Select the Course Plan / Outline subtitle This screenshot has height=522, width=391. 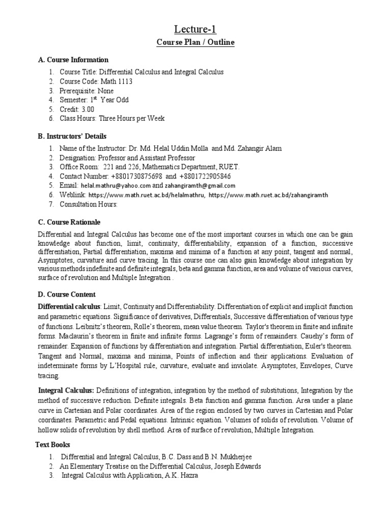(195, 42)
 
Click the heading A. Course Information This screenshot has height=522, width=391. (73, 60)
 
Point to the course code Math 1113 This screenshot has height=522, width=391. (114, 82)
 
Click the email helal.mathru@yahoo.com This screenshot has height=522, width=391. (115, 186)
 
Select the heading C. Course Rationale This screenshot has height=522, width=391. (70, 222)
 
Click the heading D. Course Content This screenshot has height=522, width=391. (67, 295)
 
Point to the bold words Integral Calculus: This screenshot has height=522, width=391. (67, 390)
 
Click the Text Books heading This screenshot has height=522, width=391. (53, 445)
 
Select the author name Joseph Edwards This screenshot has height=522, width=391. (241, 466)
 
